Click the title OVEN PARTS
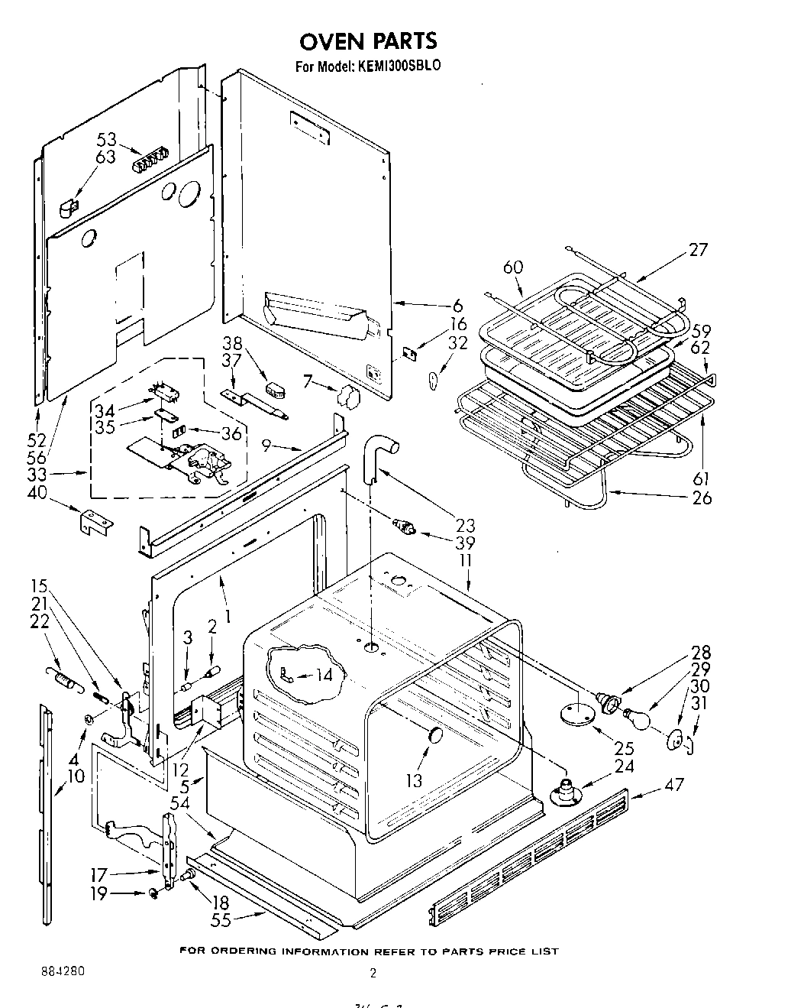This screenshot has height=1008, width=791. click(368, 40)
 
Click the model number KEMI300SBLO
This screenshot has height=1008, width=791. click(395, 66)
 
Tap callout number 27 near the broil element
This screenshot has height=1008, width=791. click(697, 249)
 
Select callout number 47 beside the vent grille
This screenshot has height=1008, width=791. click(674, 784)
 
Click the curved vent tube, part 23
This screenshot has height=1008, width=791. click(376, 455)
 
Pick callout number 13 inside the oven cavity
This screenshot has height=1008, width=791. click(413, 780)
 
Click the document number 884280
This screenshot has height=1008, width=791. click(63, 972)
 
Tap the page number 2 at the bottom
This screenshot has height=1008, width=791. click(373, 973)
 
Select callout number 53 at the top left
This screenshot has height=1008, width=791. click(106, 139)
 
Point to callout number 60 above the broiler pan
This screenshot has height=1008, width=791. click(513, 267)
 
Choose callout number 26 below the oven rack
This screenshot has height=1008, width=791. click(701, 498)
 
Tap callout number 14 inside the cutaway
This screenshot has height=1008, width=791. click(324, 675)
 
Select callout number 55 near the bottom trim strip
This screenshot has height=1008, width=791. click(221, 921)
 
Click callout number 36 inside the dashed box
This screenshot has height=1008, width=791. click(231, 433)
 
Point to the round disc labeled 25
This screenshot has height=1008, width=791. click(577, 714)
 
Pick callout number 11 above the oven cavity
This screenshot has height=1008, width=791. click(465, 560)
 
